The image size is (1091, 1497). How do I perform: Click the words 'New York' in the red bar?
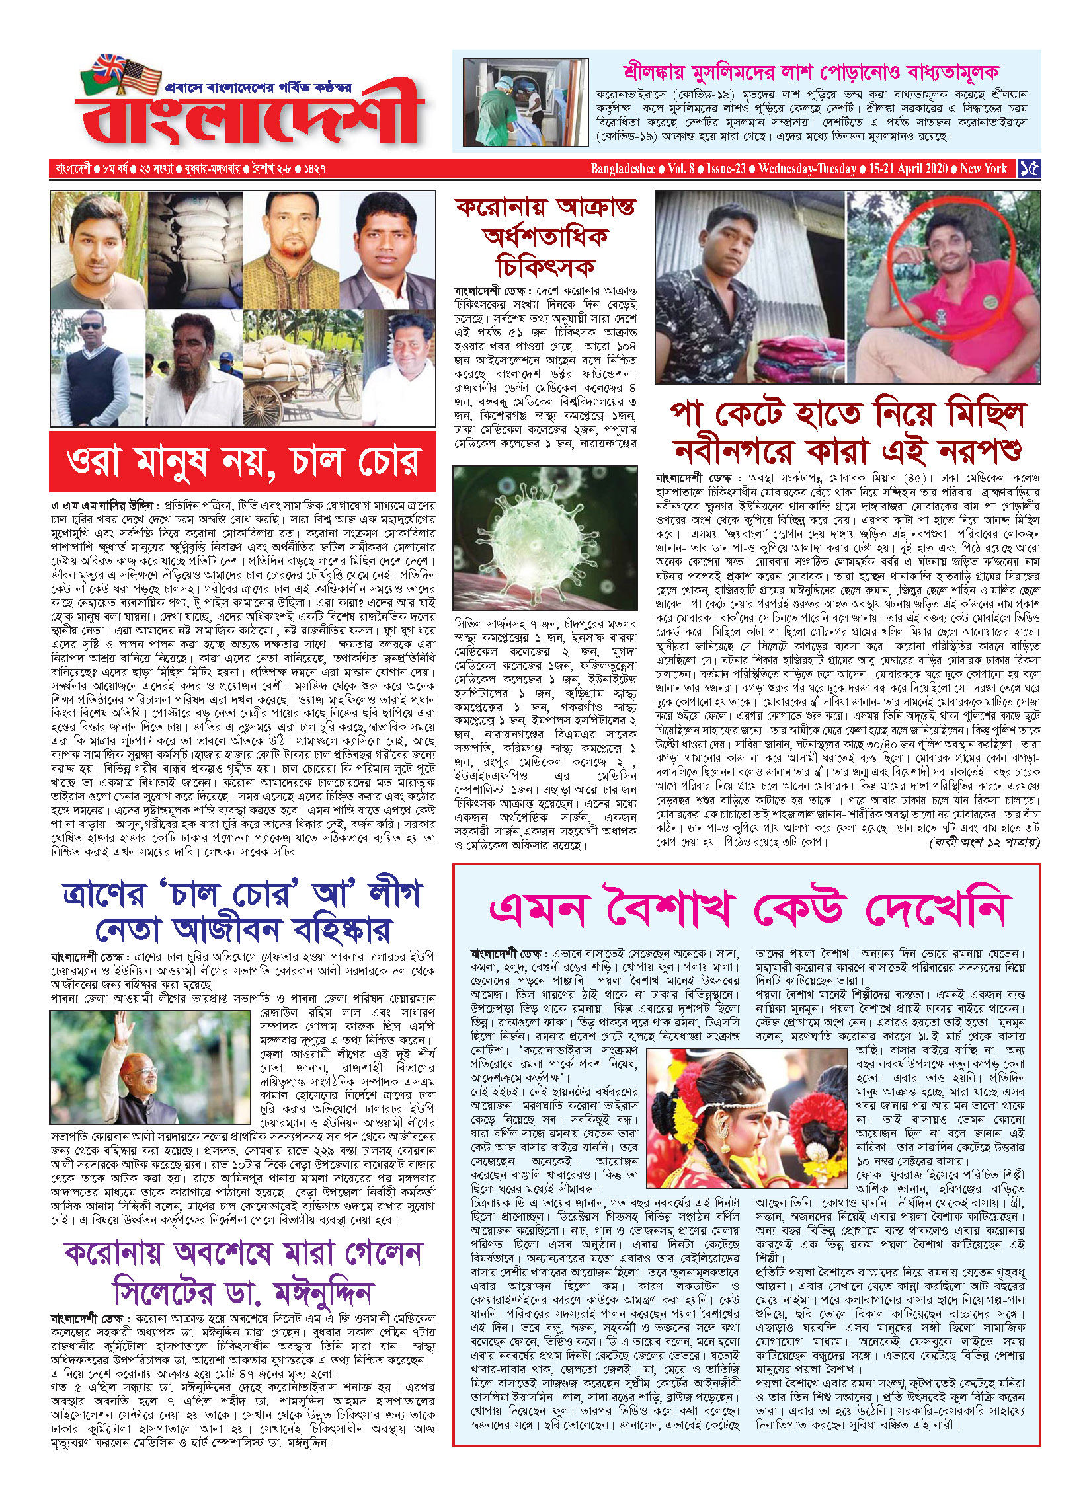(x=983, y=169)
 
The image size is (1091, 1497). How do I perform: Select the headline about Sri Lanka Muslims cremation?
(x=810, y=72)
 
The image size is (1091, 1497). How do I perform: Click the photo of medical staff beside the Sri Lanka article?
(x=516, y=102)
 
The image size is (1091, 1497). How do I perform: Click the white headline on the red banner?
(x=243, y=461)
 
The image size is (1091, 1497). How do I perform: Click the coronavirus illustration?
(x=545, y=537)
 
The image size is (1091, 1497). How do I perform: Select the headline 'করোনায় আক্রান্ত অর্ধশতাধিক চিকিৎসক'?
(x=545, y=237)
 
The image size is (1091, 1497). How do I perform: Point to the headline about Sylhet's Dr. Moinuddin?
(x=243, y=1273)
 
